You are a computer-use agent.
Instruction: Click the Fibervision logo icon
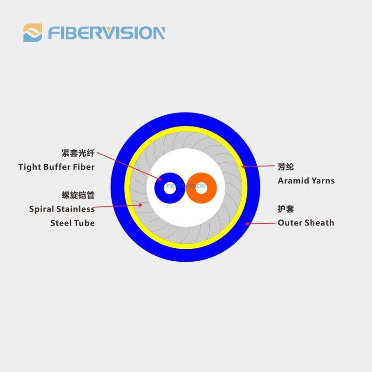coord(33,33)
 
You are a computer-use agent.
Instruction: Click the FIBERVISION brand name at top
coord(106,33)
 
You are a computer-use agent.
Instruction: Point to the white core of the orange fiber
coord(201,188)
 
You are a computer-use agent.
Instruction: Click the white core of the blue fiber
coord(170,188)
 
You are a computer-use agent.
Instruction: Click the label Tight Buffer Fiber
coord(56,167)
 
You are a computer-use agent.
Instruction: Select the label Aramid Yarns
coord(306,181)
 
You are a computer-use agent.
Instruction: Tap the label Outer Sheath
coord(306,223)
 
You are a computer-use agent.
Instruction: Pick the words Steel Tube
coord(73,223)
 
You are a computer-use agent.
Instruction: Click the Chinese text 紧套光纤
coord(78,153)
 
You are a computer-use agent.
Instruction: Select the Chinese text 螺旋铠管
coord(78,195)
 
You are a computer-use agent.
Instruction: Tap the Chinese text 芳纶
coord(286,167)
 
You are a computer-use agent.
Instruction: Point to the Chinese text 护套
coord(286,209)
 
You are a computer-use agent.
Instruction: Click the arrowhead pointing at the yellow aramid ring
coord(243,166)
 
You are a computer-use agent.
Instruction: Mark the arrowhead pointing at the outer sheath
coord(247,224)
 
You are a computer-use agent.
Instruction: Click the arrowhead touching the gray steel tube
coord(141,205)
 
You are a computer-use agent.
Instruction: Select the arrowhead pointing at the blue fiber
coord(160,179)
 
